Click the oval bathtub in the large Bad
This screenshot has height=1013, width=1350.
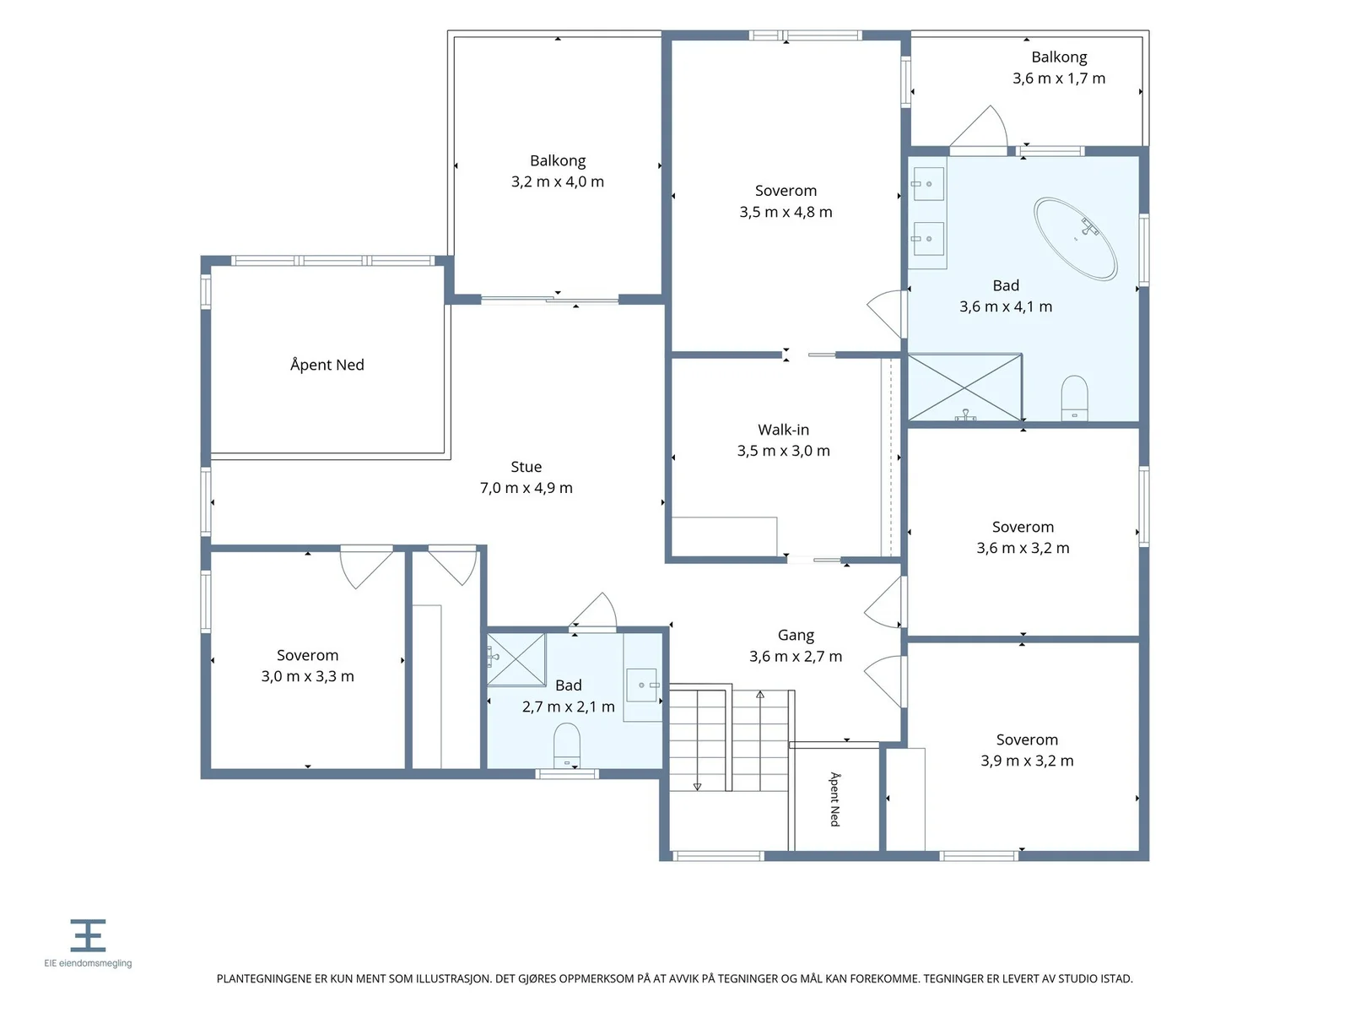click(x=1075, y=239)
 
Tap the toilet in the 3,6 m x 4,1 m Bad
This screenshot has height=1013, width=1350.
click(x=1074, y=398)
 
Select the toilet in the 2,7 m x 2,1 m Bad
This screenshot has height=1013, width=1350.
click(x=566, y=745)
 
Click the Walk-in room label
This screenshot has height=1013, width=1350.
click(x=783, y=430)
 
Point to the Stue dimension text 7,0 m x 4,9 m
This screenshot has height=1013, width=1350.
click(x=526, y=488)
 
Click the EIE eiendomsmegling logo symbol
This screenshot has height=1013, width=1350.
click(x=88, y=934)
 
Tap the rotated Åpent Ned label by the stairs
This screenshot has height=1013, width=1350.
click(x=834, y=799)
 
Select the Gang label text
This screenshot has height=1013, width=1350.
click(x=796, y=635)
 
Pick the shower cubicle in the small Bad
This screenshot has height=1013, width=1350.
click(x=516, y=658)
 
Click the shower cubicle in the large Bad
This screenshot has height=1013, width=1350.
click(x=965, y=387)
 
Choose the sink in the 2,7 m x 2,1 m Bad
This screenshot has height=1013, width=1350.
click(x=641, y=685)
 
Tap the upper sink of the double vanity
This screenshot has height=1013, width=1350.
click(x=928, y=184)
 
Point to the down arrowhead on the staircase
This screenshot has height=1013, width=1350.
click(x=697, y=787)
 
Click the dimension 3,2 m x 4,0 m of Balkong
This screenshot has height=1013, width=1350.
click(x=557, y=181)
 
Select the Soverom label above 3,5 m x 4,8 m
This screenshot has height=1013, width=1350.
click(x=786, y=191)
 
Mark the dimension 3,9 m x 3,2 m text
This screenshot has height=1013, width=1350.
click(x=1027, y=761)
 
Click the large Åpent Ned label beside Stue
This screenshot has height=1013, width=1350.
click(x=327, y=364)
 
